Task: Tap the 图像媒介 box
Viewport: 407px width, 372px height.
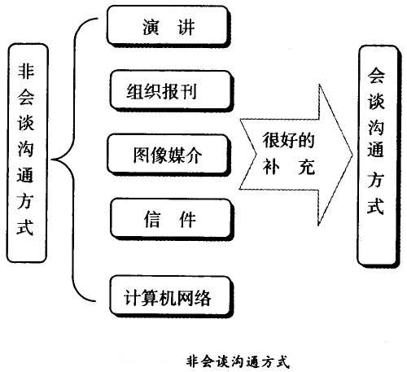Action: [x=164, y=155]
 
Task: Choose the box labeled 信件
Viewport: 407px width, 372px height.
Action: [x=165, y=220]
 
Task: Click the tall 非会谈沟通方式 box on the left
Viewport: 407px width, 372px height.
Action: [x=26, y=154]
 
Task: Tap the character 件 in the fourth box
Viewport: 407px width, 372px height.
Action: [x=185, y=220]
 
